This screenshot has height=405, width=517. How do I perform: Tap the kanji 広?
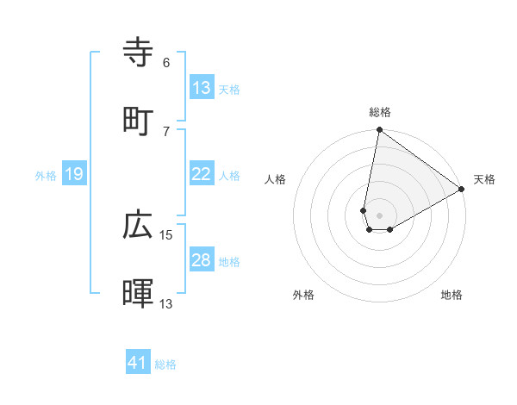[138, 225]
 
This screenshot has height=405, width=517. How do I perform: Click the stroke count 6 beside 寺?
[165, 63]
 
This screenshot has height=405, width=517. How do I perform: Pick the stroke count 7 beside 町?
[165, 131]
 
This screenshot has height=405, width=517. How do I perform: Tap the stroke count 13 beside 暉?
[166, 303]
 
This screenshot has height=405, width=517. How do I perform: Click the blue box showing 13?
[202, 88]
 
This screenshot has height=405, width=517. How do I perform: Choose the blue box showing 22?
[202, 174]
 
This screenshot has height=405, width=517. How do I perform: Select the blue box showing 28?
[202, 260]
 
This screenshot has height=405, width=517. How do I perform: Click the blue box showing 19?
[74, 174]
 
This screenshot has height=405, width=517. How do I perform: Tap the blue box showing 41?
[138, 363]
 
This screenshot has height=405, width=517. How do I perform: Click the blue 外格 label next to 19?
[46, 175]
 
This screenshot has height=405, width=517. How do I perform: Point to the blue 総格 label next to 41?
[165, 364]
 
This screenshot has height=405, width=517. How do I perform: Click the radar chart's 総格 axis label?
[380, 112]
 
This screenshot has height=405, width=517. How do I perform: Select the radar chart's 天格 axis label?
[484, 179]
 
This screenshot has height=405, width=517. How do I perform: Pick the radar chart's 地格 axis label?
[452, 295]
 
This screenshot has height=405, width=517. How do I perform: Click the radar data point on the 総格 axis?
[379, 130]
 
